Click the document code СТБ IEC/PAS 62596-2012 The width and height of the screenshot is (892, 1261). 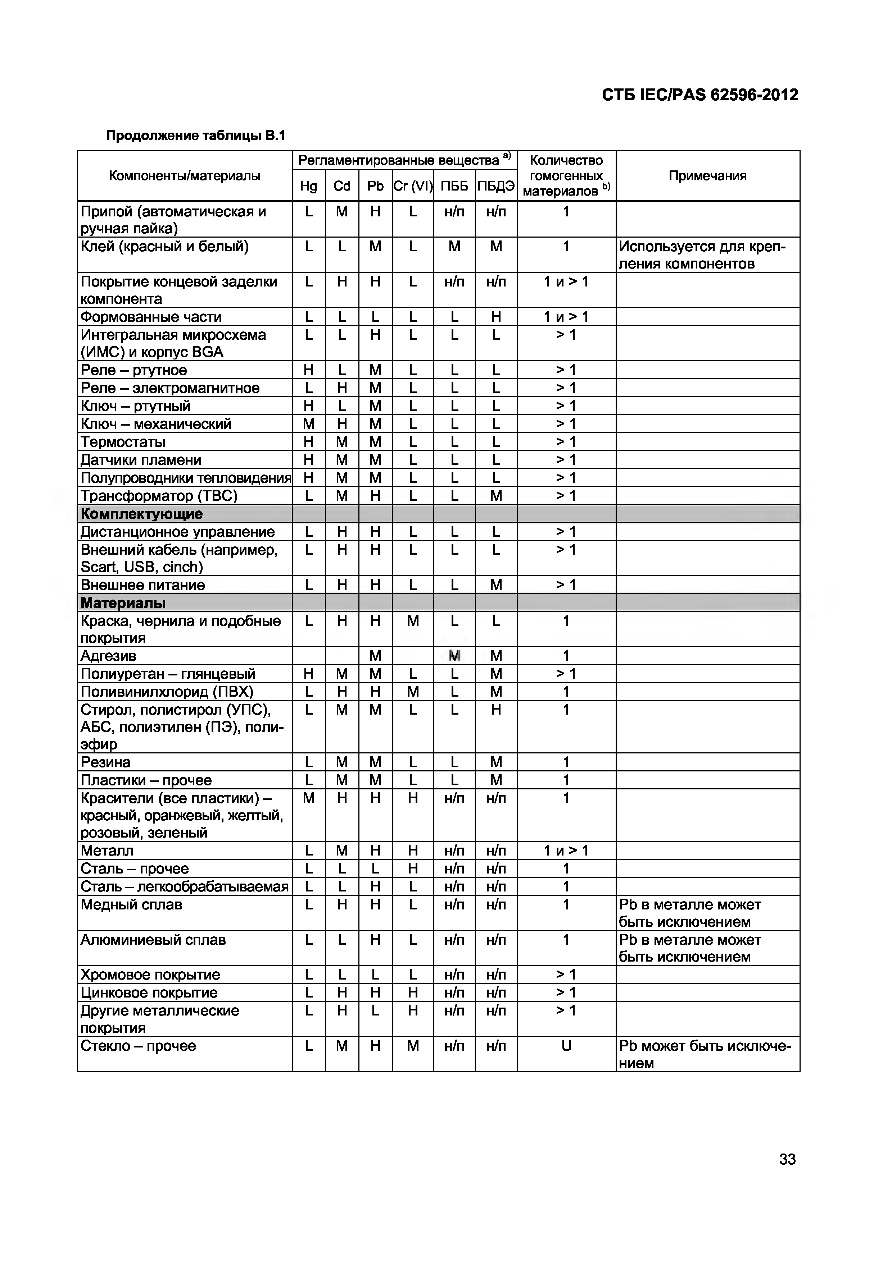(x=699, y=95)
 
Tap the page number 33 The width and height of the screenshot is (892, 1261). (x=787, y=1159)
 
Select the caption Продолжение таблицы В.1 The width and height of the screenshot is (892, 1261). (x=196, y=135)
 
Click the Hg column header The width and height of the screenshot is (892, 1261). (x=308, y=186)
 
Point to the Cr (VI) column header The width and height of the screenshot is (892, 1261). (x=413, y=186)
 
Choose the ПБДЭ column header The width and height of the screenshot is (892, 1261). (x=496, y=186)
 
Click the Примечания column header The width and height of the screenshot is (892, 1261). (x=707, y=176)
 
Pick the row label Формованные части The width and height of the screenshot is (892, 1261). (x=151, y=317)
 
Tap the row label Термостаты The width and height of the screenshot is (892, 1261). (x=123, y=442)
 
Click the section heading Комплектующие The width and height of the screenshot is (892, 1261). (x=142, y=514)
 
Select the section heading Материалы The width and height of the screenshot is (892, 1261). (x=123, y=603)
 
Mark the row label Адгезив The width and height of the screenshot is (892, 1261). (x=108, y=656)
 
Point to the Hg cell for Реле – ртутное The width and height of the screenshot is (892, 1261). (x=308, y=370)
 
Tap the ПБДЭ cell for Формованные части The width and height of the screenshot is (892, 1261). (x=496, y=317)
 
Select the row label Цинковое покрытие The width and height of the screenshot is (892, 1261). (x=149, y=992)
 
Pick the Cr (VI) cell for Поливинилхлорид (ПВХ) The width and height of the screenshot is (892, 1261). (x=413, y=692)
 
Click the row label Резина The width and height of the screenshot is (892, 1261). (x=105, y=762)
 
